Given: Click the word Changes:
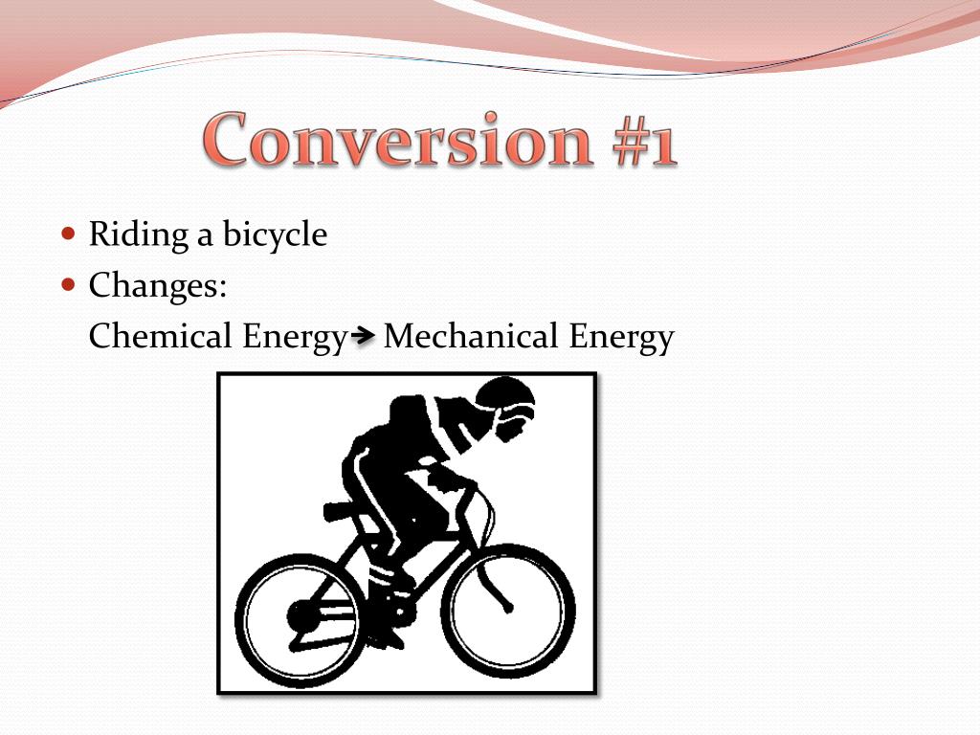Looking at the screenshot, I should [x=158, y=285].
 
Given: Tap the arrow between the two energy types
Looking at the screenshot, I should [x=363, y=336].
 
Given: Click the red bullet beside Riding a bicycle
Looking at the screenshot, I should [x=67, y=234].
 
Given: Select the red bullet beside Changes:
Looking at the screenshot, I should [x=67, y=284].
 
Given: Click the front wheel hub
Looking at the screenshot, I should [x=508, y=607].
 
